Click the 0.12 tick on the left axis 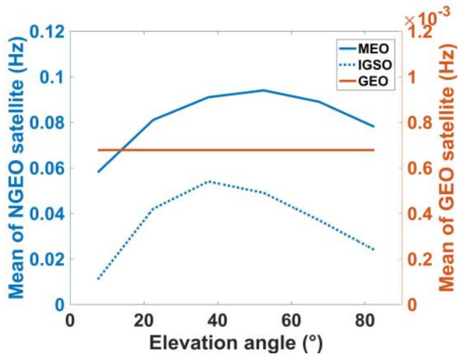(43, 32)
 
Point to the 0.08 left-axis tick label (43, 123)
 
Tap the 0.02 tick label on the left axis (43, 260)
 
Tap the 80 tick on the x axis (365, 321)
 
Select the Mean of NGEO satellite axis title (16, 169)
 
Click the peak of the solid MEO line (263, 90)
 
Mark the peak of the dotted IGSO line (208, 181)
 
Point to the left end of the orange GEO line (99, 150)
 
